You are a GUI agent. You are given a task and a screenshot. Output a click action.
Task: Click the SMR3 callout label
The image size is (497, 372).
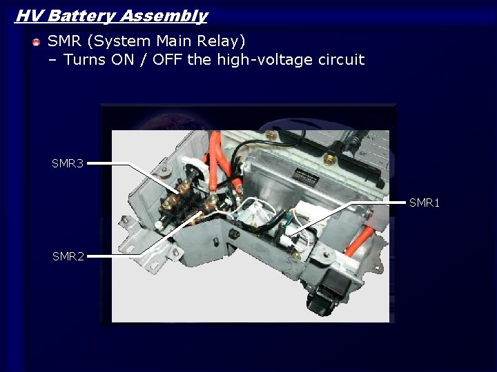coord(68,163)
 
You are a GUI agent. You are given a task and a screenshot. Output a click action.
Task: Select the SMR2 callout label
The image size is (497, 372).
coord(68,256)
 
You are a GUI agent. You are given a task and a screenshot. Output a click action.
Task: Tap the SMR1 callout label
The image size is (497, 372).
coord(425,203)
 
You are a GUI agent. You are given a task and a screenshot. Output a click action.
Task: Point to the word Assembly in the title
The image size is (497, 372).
coord(164,17)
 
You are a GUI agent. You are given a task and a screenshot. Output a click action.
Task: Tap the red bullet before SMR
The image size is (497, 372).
coord(37,42)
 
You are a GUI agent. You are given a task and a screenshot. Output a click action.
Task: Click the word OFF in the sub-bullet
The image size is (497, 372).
coord(167,59)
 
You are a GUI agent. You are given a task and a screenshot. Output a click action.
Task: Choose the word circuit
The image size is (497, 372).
coord(342,59)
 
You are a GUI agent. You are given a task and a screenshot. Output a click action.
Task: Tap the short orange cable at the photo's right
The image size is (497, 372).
coord(359,241)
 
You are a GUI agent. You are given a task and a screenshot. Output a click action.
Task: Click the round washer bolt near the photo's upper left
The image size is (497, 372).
coord(164,170)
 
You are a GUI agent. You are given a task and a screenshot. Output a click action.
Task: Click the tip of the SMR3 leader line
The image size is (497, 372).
coord(178,193)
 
